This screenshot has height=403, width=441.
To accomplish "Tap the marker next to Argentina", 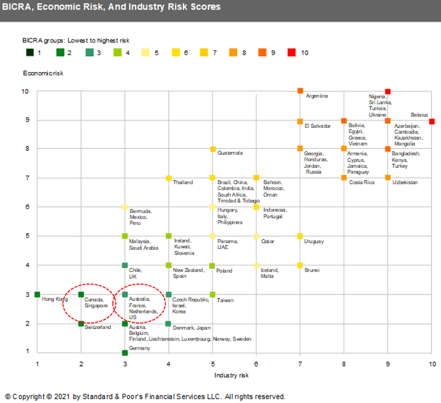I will (x=300, y=91).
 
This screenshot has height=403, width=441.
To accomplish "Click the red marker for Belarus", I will (x=432, y=121).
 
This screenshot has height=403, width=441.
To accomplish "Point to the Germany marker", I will (x=125, y=353).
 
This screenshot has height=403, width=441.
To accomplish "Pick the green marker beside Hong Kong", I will (x=37, y=294).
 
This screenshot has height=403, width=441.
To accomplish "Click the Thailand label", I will (x=183, y=182).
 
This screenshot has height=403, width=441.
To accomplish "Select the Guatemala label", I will (x=230, y=153).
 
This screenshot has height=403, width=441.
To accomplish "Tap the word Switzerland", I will (x=97, y=327).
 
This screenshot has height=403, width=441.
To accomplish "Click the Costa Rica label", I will (x=362, y=182).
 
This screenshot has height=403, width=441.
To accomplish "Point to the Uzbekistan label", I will (x=405, y=182).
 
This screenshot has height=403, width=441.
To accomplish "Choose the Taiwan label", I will (x=225, y=300).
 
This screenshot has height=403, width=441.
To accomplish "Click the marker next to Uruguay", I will (x=300, y=236).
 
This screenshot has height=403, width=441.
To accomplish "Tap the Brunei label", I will (x=312, y=270).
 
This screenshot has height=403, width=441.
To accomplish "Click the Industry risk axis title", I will (x=231, y=375).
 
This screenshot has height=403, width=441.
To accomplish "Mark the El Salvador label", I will (x=318, y=126).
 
